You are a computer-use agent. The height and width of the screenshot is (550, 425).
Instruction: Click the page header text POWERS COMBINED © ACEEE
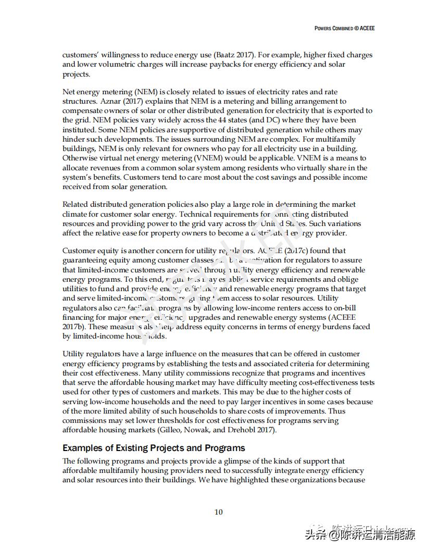[x=344, y=28]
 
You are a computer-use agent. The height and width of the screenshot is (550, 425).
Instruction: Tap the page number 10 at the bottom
[x=219, y=512]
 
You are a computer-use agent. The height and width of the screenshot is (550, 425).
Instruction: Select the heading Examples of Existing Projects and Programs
[x=154, y=448]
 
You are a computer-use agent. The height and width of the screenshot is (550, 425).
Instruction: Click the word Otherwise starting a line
[x=80, y=158]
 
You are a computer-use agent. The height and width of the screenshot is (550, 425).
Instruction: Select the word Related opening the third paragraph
[x=76, y=204]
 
